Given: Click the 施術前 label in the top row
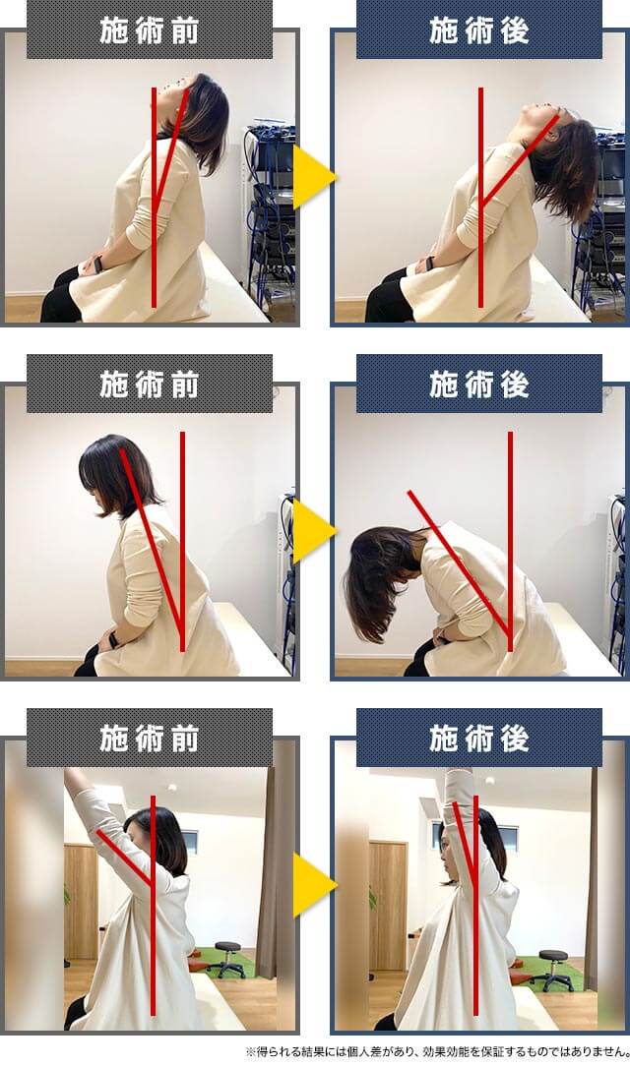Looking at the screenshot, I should pyautogui.click(x=150, y=30).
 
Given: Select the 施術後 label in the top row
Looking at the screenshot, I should pyautogui.click(x=479, y=30).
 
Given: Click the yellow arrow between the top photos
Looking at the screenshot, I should pyautogui.click(x=313, y=178).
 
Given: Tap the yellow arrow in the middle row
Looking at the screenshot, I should pyautogui.click(x=313, y=531).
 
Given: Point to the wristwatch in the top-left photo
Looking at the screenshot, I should pyautogui.click(x=97, y=264).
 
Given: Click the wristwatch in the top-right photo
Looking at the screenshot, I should pyautogui.click(x=429, y=264).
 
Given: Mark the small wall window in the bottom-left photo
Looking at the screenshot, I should pyautogui.click(x=189, y=841).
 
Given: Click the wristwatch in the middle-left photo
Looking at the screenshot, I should pyautogui.click(x=114, y=640).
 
